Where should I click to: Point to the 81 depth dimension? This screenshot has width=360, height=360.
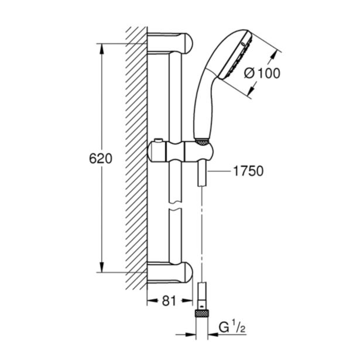pos(168,301)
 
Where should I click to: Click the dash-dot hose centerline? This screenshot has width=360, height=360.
pos(201,234)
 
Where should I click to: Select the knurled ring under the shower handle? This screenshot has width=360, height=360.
pos(200,141)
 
